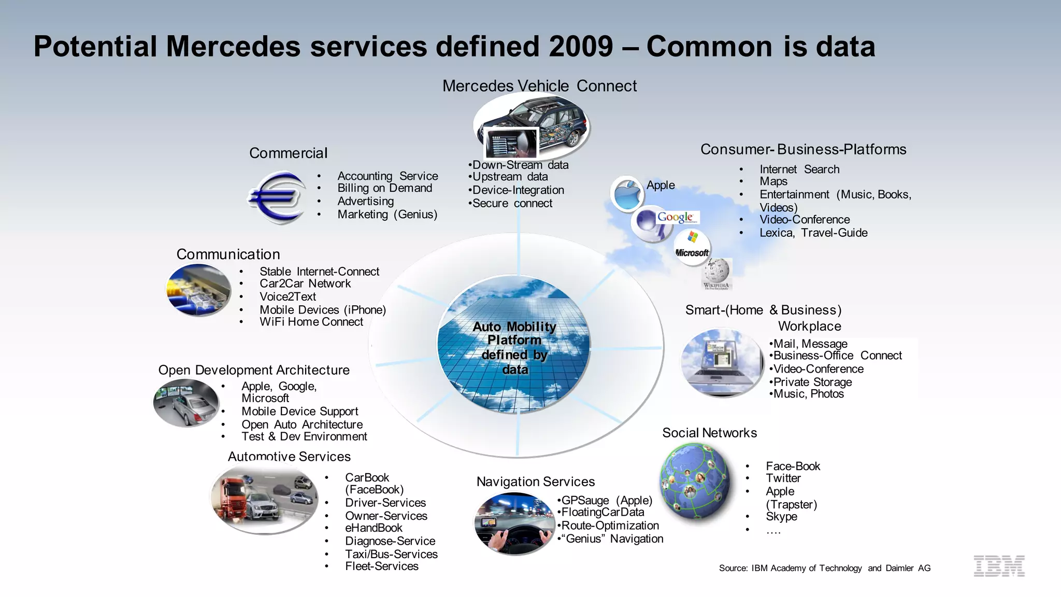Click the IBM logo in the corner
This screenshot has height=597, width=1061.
[x=999, y=566]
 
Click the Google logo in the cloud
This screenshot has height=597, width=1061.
[x=675, y=217]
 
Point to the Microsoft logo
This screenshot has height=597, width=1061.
[x=692, y=247]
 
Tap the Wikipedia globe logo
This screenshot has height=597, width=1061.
[x=716, y=273]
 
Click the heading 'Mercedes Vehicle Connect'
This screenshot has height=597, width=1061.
[x=539, y=86]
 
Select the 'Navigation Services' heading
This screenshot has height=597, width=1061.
[x=535, y=481]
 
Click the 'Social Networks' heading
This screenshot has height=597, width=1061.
[x=709, y=433]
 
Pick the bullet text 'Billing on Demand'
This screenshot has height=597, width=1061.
[x=384, y=188]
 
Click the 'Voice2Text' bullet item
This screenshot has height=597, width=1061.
[x=288, y=296]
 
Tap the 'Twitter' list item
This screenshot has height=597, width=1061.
[x=783, y=478]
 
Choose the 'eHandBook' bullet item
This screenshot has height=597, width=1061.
[x=374, y=528]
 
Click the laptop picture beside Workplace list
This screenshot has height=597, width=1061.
[x=721, y=363]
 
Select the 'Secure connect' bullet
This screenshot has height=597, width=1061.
[x=512, y=203]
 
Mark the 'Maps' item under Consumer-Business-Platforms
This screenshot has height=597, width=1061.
[x=773, y=181]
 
